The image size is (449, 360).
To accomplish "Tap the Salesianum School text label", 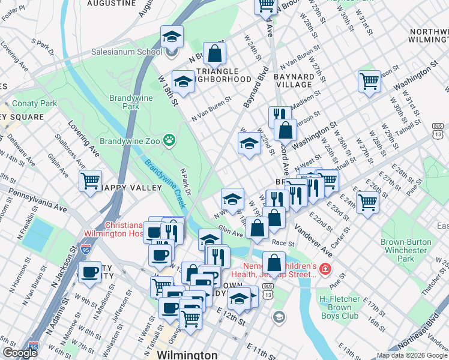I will [127, 52].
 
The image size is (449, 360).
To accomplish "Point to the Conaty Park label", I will [34, 103].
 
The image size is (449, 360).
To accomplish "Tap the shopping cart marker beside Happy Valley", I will [91, 180].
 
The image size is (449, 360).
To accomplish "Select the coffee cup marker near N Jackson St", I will [90, 272].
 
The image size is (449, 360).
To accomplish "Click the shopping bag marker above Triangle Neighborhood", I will [214, 53].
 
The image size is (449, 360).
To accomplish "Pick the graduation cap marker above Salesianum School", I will [172, 37].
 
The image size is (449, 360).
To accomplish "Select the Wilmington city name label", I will [187, 355].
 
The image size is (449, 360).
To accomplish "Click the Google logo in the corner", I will [19, 353].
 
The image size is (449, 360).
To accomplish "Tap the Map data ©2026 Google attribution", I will [411, 355].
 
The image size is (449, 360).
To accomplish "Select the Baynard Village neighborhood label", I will [294, 81].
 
